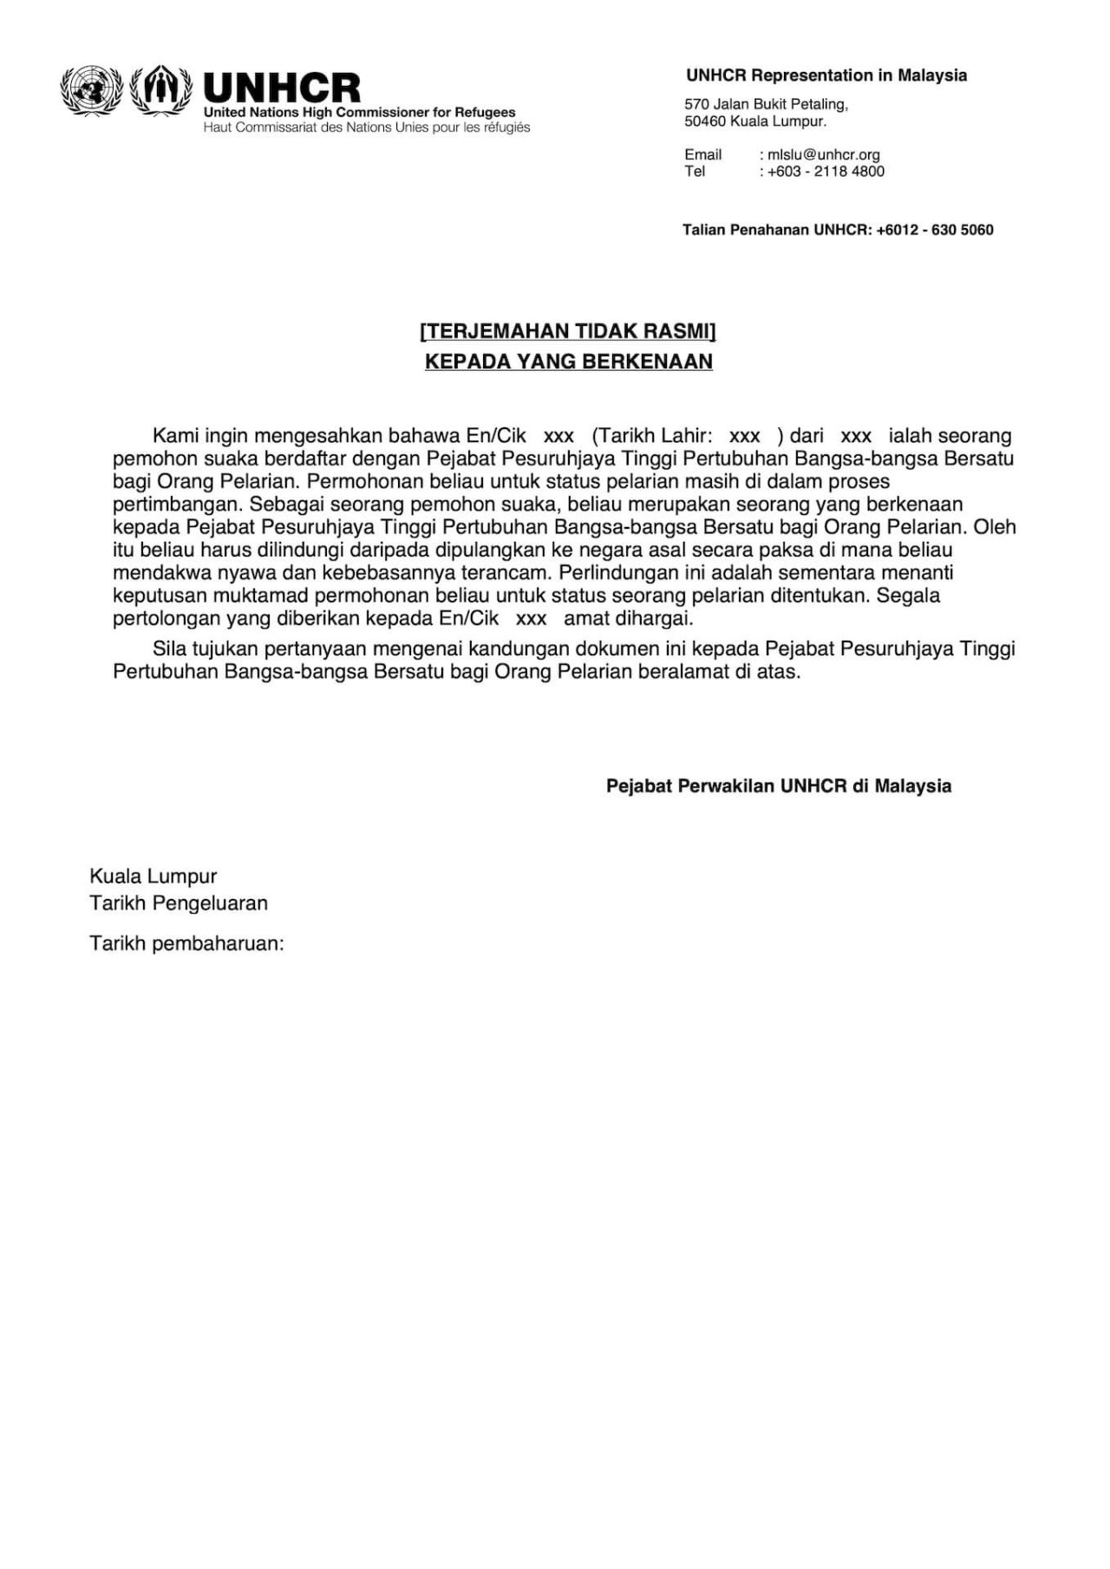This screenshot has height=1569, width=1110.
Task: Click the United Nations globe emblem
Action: pos(91,90)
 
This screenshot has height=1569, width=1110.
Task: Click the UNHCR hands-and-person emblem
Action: pos(160,90)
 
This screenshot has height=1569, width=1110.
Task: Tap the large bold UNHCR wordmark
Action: pos(282,88)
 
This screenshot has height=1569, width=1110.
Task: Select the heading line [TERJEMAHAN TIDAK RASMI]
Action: pos(568,331)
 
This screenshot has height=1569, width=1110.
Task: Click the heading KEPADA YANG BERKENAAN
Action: pos(568,361)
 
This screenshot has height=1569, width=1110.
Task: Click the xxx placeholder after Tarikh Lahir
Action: pos(745,436)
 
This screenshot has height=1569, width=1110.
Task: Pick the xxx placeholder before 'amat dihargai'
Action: pos(531,619)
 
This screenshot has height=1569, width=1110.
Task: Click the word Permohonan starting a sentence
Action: pos(356,481)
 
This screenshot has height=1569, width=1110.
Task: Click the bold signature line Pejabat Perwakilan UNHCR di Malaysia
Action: pos(778,786)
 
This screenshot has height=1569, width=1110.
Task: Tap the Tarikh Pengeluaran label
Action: pos(179,903)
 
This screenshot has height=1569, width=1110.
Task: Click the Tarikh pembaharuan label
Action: pos(186,943)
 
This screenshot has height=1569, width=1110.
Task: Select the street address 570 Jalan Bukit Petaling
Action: pos(766,104)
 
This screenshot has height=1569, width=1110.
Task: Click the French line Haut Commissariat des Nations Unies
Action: pos(366,127)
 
